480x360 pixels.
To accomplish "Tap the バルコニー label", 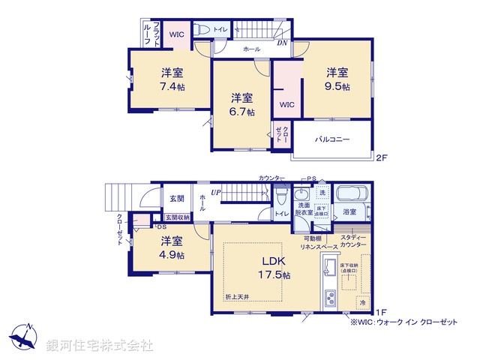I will tap(331, 139).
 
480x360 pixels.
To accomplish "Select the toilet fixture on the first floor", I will tap(280, 196).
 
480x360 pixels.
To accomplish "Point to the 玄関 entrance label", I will tap(176, 199).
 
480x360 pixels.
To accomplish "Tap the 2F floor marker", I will tap(381, 157).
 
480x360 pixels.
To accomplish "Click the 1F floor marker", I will tap(381, 312).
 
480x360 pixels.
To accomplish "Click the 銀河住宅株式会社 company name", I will tap(100, 346).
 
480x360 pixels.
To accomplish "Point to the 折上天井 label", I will tap(236, 298).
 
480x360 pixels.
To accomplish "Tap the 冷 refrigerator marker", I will tap(361, 302).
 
